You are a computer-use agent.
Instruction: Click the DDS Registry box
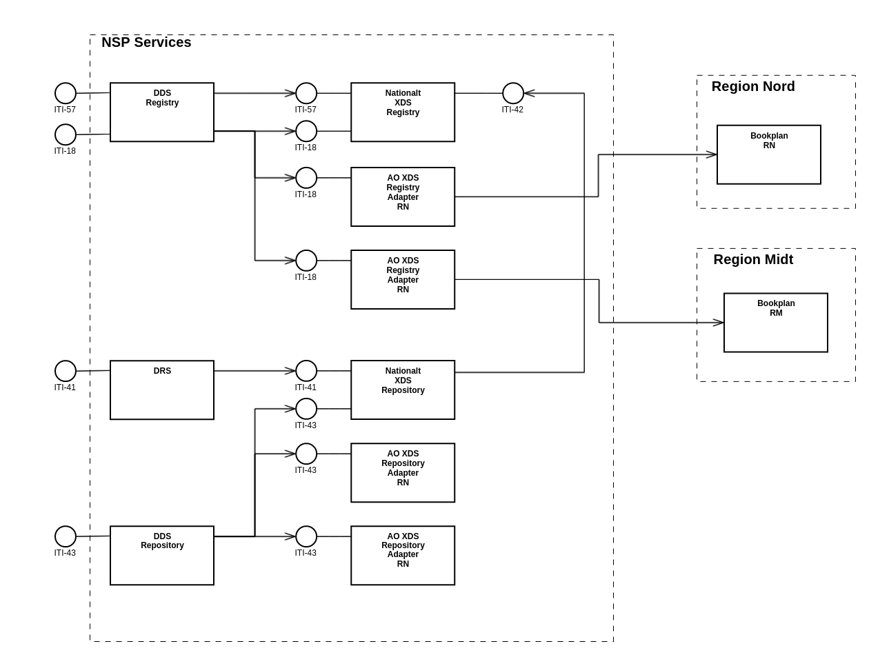point(162,112)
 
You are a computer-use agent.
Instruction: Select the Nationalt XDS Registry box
point(403,112)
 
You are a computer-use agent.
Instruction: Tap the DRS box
point(162,390)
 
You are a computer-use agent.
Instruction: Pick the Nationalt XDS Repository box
point(403,390)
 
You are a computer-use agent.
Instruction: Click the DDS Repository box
point(162,556)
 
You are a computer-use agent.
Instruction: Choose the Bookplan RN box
point(769,154)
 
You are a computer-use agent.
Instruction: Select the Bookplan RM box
point(776,323)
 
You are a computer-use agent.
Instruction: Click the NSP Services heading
point(146,42)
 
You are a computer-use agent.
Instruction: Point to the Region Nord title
point(753,86)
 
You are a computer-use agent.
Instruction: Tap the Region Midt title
point(753,259)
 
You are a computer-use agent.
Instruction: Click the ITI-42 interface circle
point(513,93)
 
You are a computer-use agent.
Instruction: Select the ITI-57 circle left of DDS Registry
point(66,93)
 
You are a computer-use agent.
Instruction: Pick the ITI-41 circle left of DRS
point(66,371)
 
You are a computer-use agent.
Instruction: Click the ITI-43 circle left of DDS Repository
point(66,536)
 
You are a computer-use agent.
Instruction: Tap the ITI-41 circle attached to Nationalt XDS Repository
point(306,371)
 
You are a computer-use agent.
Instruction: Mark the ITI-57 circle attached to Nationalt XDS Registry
point(306,93)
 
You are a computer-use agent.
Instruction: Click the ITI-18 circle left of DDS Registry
point(66,134)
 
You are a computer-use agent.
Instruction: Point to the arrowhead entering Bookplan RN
point(712,154)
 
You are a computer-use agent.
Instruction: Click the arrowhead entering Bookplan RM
point(719,323)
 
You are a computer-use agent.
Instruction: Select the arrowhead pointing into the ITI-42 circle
point(530,93)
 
